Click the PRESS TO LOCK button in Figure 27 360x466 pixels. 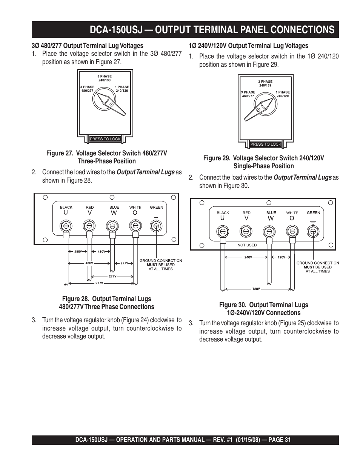coord(105,139)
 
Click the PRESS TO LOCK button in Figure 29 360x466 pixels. coord(266,144)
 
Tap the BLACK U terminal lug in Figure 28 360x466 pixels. coord(66,226)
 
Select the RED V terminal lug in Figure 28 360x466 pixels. coord(89,226)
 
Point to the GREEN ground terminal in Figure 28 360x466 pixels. coord(156,226)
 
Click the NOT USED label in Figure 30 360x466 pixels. coord(247,245)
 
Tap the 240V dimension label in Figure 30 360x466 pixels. coord(248,257)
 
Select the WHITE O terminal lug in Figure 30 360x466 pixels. coord(291,231)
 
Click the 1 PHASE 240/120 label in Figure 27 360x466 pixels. coord(122,89)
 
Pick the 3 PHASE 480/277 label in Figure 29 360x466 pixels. coord(248,94)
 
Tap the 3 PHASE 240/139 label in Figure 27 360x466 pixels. coord(105,78)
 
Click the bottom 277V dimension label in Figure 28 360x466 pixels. coord(99,283)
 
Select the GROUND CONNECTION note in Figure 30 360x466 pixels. coord(318,267)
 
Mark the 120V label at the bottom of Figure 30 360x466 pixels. coord(256,289)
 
